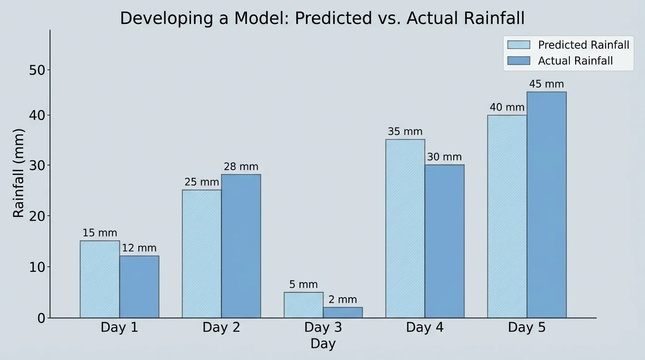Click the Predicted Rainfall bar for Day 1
pyautogui.click(x=99, y=279)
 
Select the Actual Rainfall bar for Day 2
pyautogui.click(x=241, y=246)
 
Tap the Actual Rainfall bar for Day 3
pyautogui.click(x=343, y=313)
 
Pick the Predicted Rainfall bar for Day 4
pyautogui.click(x=405, y=229)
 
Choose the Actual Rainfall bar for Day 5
pyautogui.click(x=547, y=205)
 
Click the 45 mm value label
pyautogui.click(x=547, y=84)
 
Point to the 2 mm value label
pyautogui.click(x=343, y=300)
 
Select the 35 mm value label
pyautogui.click(x=405, y=132)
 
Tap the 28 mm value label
pyautogui.click(x=241, y=167)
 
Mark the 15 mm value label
pyautogui.click(x=99, y=233)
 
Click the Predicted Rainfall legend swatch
pyautogui.click(x=518, y=45)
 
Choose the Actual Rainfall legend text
pyautogui.click(x=575, y=61)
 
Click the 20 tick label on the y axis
pyautogui.click(x=37, y=216)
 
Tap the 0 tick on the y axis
pyautogui.click(x=42, y=318)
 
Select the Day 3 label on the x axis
pyautogui.click(x=323, y=327)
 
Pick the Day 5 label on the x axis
pyautogui.click(x=526, y=327)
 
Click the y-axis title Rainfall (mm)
pyautogui.click(x=18, y=173)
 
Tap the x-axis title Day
pyautogui.click(x=323, y=344)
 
